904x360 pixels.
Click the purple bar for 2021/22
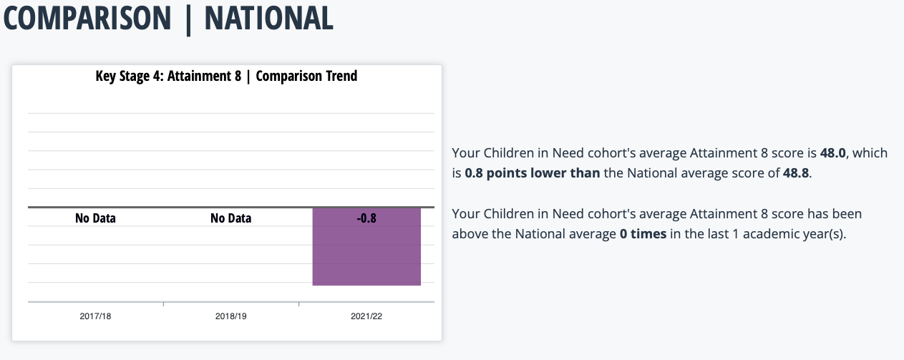366,247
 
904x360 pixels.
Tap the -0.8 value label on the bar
366,218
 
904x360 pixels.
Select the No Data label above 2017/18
95,218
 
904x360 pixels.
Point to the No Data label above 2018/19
231,218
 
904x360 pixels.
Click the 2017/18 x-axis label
95,316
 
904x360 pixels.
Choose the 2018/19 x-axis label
231,316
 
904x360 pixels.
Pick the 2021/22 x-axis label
366,316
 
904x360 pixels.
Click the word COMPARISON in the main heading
87,18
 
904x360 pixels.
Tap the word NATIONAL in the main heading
269,18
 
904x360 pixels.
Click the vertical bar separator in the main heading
188,19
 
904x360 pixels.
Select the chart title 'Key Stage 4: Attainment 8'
168,77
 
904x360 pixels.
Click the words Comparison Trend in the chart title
307,77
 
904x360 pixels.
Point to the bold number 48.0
833,153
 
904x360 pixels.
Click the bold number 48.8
796,173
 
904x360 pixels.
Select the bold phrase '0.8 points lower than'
533,173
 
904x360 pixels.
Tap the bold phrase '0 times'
643,233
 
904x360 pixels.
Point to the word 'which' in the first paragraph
870,153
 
